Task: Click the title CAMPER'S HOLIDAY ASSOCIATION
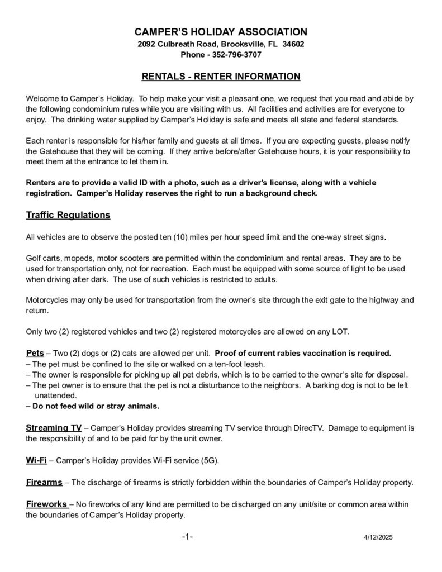221,31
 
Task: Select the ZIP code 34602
293,44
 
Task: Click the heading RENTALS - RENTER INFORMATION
221,76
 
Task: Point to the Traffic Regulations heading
68,215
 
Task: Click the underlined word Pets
36,353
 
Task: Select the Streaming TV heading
54,428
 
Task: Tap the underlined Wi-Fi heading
36,460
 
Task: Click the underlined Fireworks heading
47,504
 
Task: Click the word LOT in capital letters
340,332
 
